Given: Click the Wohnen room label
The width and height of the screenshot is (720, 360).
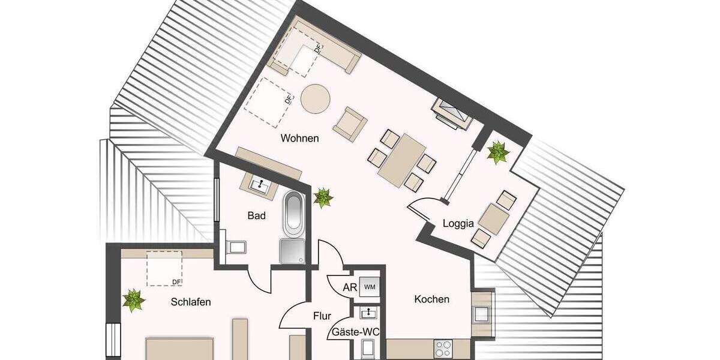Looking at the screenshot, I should click(299, 139).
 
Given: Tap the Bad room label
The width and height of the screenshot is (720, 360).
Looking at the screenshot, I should click(257, 215).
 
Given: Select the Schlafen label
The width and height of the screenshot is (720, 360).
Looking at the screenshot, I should click(191, 302).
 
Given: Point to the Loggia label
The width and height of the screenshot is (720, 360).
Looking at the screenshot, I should click(458, 223).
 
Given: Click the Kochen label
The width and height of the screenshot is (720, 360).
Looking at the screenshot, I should click(431, 299).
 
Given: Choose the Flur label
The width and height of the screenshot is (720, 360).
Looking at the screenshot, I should click(322, 316).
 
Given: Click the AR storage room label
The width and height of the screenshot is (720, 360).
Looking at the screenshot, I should click(350, 287).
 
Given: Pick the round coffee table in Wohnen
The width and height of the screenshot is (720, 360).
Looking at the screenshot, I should click(316, 98).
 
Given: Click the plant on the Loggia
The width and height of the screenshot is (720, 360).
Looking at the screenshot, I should click(497, 152).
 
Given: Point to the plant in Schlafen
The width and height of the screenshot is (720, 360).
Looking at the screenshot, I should click(133, 300).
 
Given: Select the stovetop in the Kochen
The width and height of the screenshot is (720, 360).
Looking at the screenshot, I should click(443, 349).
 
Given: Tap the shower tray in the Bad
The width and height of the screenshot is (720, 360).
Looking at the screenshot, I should click(292, 250).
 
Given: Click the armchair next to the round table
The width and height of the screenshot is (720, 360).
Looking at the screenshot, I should click(350, 124).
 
